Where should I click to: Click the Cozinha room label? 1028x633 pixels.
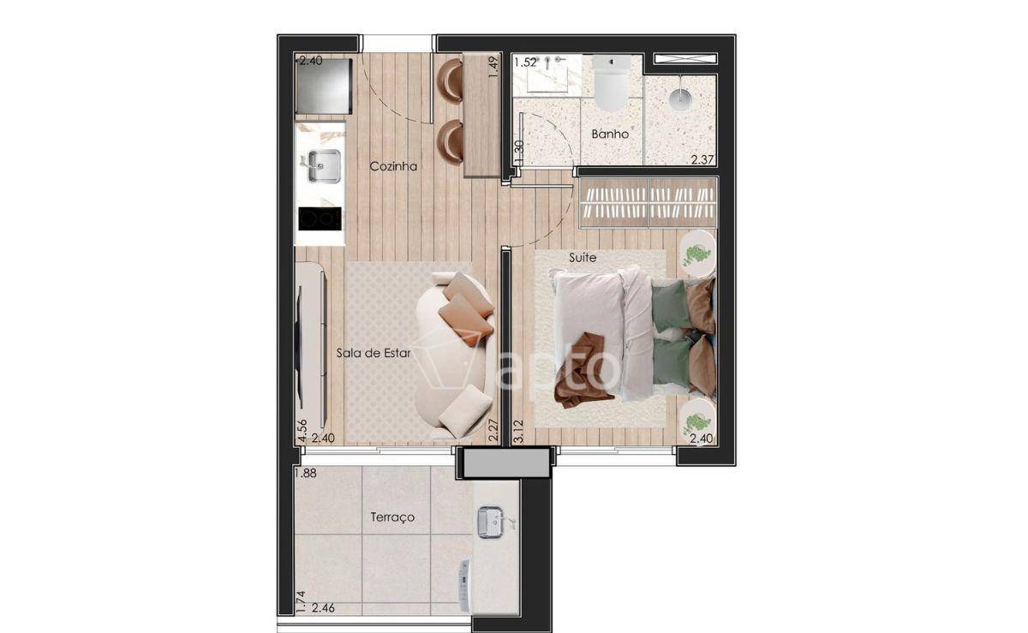393,166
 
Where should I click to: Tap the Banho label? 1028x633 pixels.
610,134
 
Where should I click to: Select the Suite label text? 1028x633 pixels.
583,258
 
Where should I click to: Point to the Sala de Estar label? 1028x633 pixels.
374,353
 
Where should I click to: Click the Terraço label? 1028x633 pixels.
392,517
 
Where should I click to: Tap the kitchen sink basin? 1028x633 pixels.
324,165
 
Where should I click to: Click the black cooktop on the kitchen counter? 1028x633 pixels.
320,218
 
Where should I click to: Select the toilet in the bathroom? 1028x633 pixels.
611,82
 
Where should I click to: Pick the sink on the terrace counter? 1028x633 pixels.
491,522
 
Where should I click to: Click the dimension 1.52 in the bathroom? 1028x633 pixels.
525,63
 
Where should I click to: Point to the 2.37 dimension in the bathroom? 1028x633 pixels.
702,159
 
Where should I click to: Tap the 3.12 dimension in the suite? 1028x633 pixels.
518,431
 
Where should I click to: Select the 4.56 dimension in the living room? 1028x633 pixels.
302,431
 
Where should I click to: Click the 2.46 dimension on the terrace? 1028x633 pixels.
323,608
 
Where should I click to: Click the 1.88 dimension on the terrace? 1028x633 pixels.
306,473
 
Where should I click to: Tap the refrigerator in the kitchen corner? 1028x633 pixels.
324,86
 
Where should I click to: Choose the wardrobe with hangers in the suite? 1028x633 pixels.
648,202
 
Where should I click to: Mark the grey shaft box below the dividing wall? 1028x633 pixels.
506,463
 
